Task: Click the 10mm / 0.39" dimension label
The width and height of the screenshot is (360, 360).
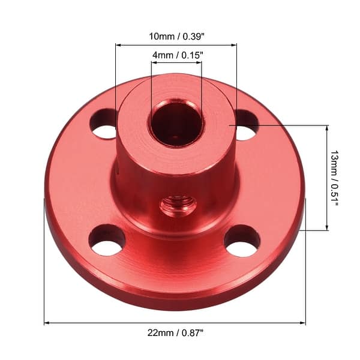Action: pyautogui.click(x=176, y=36)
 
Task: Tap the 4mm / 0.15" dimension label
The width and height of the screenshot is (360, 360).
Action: pyautogui.click(x=177, y=55)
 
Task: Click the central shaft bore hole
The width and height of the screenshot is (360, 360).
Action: pyautogui.click(x=176, y=124)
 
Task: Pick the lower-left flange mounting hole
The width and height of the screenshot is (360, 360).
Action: pyautogui.click(x=107, y=240)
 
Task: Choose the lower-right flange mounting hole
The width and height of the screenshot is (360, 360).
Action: pyautogui.click(x=242, y=241)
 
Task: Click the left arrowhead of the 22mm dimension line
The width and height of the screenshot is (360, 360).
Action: pyautogui.click(x=47, y=323)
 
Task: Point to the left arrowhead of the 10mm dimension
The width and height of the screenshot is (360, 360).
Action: pyautogui.click(x=118, y=44)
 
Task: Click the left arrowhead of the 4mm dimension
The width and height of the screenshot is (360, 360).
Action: pyautogui.click(x=154, y=62)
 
